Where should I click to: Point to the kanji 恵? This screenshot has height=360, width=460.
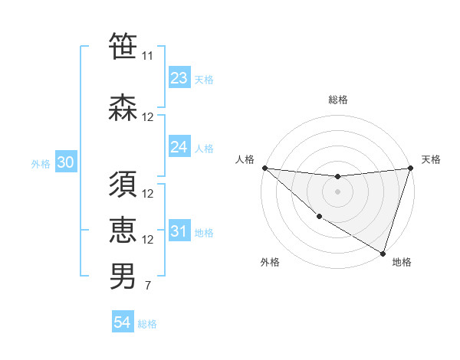point(123,231)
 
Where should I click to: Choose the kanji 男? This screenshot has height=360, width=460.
point(123,277)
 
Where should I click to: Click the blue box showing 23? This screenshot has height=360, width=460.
point(179,78)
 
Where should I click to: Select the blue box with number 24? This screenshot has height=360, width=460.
point(179,147)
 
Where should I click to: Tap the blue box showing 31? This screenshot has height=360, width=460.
point(179,231)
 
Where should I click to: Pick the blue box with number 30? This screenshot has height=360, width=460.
point(65,162)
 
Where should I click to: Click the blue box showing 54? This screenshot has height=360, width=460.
point(123,322)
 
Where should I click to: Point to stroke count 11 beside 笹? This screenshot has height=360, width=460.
point(148,56)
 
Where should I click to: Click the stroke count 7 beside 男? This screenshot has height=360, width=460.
point(148,286)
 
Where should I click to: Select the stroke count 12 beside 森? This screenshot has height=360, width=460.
point(148,116)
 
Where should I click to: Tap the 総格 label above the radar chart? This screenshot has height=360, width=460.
point(338,100)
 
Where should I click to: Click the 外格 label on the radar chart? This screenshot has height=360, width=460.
point(270,262)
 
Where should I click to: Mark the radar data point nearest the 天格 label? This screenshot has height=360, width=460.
point(410,168)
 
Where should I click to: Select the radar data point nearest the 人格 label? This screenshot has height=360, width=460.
point(264,168)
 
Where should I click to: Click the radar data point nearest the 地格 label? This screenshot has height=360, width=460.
point(383,253)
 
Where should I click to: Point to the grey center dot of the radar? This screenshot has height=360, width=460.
point(337,191)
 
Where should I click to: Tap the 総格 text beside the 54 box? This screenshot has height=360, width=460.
point(148,324)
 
